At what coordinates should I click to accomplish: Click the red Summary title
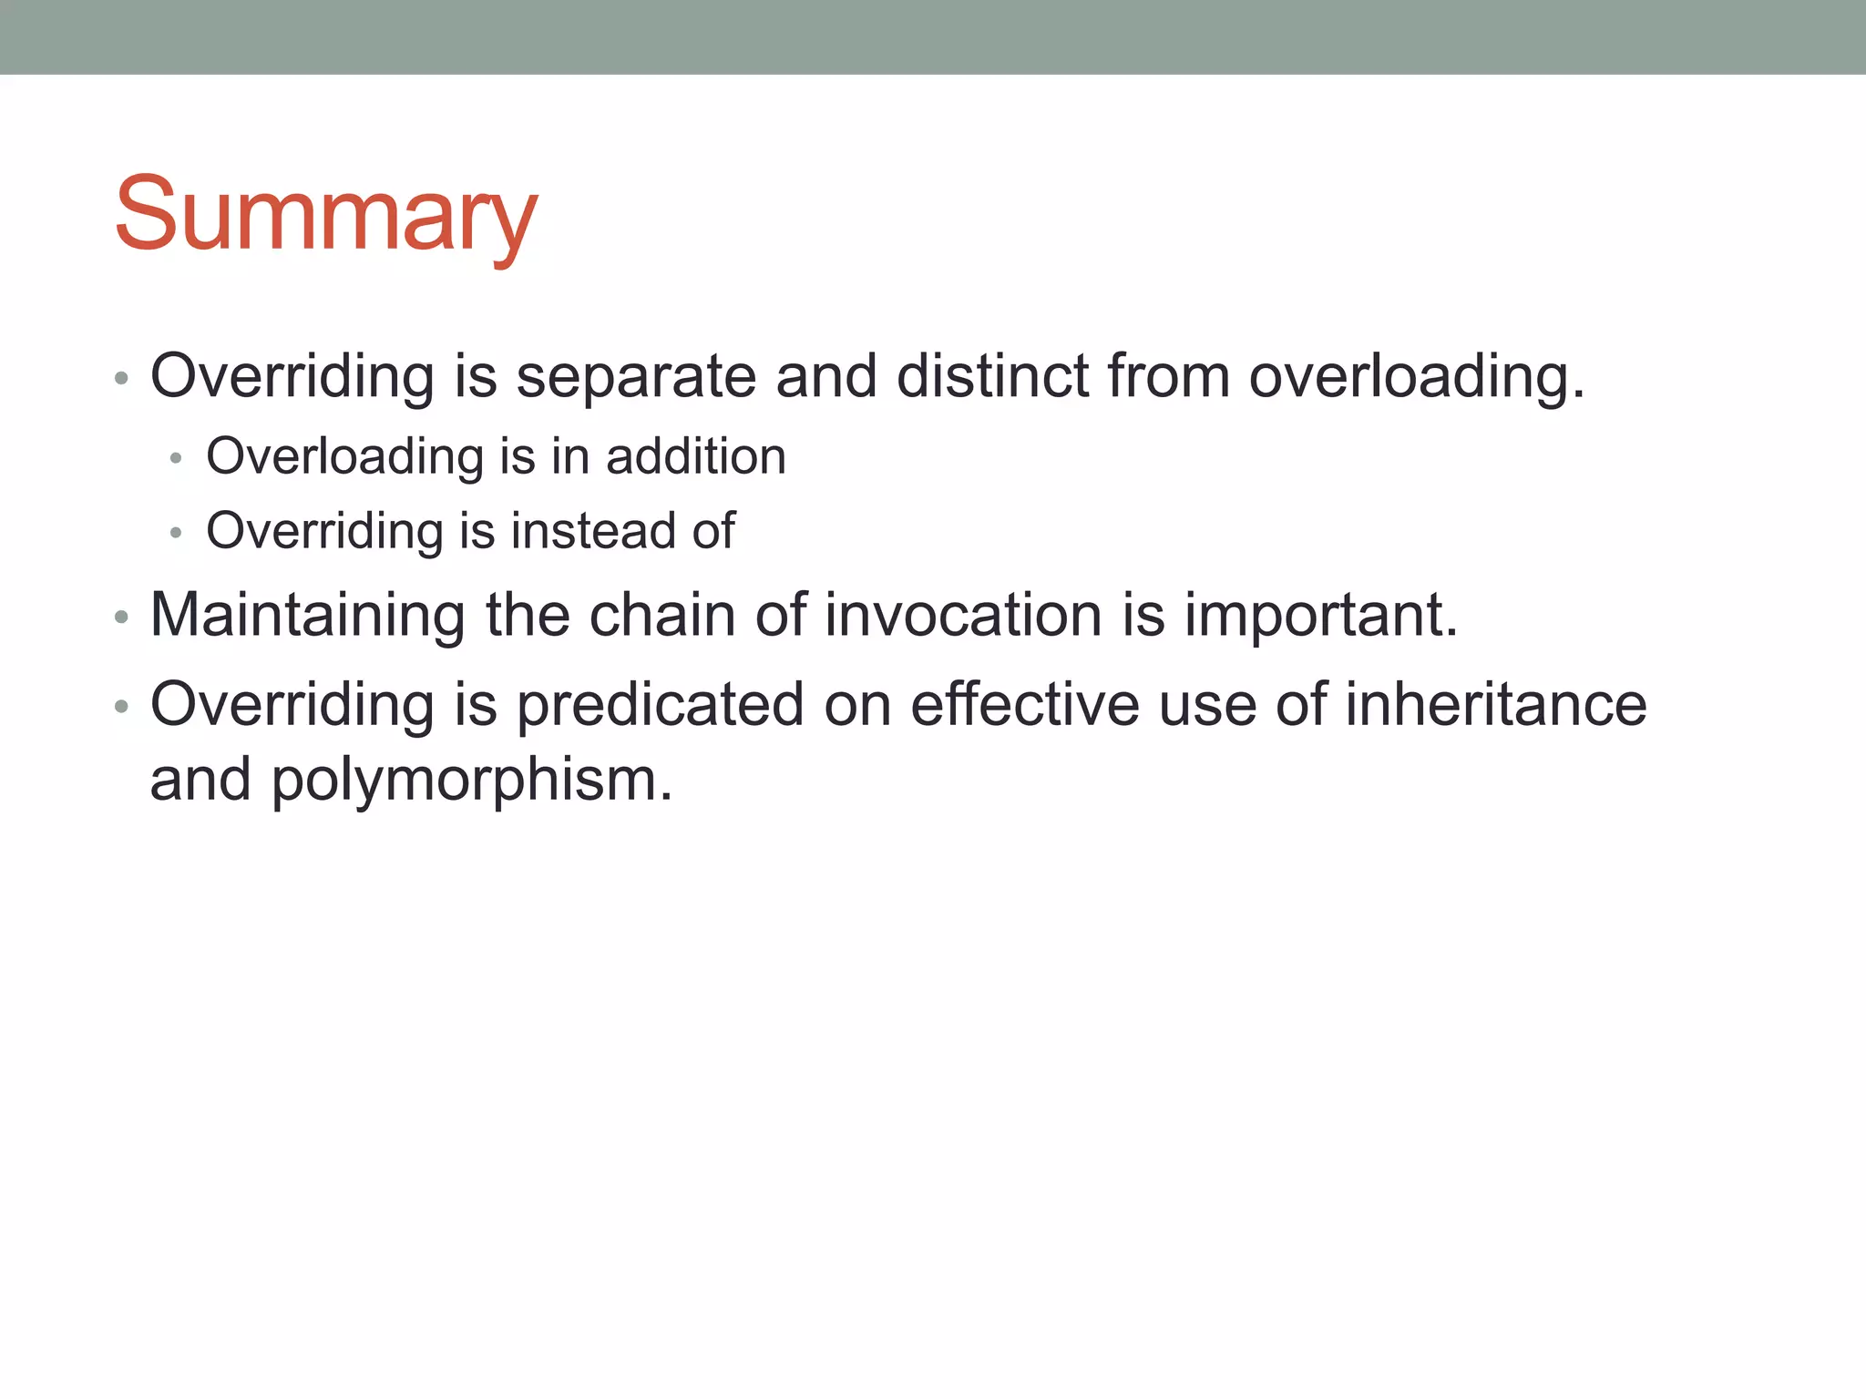pyautogui.click(x=326, y=215)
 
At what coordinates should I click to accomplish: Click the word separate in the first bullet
pyautogui.click(x=636, y=376)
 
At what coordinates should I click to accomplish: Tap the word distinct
pyautogui.click(x=992, y=376)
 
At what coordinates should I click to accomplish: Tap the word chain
pyautogui.click(x=662, y=615)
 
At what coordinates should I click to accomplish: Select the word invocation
pyautogui.click(x=964, y=615)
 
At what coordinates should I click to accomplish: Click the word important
pyautogui.click(x=1320, y=615)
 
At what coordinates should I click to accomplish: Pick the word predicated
pyautogui.click(x=661, y=705)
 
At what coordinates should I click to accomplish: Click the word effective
pyautogui.click(x=1025, y=705)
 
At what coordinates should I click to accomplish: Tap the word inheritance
pyautogui.click(x=1495, y=705)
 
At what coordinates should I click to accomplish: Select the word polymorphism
pyautogui.click(x=471, y=781)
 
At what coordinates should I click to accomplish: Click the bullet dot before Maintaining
pyautogui.click(x=121, y=618)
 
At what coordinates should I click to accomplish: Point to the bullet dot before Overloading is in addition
pyautogui.click(x=177, y=458)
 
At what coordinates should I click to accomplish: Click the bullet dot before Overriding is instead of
pyautogui.click(x=177, y=533)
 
